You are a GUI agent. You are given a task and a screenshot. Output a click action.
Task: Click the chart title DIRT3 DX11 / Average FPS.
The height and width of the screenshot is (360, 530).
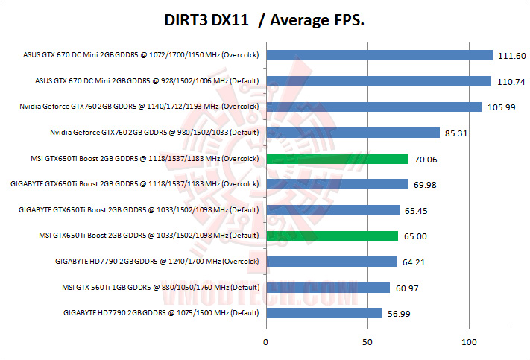click(x=265, y=22)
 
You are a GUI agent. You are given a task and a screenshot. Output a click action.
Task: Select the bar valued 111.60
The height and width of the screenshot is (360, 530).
click(x=379, y=55)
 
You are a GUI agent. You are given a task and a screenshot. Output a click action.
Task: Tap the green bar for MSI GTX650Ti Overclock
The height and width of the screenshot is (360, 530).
click(x=337, y=159)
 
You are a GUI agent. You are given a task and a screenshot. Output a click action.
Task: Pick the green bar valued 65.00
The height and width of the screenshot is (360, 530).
click(x=332, y=236)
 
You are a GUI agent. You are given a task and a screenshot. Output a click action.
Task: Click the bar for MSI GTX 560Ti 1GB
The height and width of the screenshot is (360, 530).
click(x=327, y=288)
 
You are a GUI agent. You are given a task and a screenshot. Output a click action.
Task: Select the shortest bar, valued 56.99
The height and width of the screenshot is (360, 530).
click(x=324, y=313)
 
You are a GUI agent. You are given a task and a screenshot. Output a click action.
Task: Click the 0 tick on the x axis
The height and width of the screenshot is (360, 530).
click(x=266, y=342)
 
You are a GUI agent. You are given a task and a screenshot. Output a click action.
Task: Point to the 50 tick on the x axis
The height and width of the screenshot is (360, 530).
click(x=367, y=342)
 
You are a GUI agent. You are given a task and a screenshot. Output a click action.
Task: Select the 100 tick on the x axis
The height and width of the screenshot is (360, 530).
click(x=469, y=342)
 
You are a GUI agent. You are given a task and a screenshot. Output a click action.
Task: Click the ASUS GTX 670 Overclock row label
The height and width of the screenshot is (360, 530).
click(x=141, y=55)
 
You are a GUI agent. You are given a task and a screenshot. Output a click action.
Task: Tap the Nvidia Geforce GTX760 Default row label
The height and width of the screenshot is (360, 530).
click(x=154, y=133)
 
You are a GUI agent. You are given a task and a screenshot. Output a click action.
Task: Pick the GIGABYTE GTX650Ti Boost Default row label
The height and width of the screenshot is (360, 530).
click(x=139, y=210)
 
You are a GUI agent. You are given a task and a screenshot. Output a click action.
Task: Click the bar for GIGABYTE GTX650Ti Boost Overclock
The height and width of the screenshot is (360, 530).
click(x=337, y=185)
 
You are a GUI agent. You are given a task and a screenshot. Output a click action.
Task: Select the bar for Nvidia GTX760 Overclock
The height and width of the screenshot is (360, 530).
click(x=373, y=107)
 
